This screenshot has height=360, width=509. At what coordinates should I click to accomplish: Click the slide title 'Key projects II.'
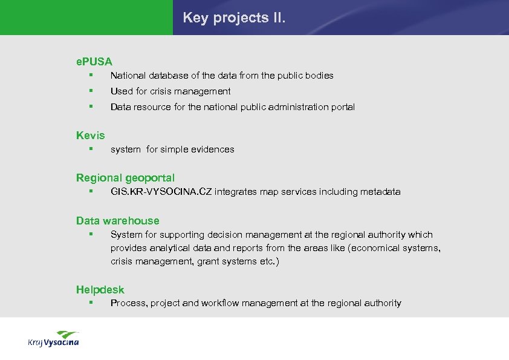coord(234,18)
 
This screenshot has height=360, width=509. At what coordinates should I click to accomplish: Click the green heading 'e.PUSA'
coord(94,61)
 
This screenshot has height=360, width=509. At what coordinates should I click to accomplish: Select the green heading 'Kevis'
coord(91,136)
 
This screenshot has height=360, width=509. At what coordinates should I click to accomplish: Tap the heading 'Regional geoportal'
coord(125,178)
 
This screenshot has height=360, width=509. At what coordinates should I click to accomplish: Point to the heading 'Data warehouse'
coord(118,221)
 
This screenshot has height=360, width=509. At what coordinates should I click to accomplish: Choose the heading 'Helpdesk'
coord(100,290)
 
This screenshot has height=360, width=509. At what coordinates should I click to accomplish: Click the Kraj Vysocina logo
coord(53,339)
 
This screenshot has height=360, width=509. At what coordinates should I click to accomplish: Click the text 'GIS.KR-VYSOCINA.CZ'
coord(161,192)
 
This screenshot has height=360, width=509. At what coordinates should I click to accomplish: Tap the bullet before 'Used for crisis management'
coord(89,91)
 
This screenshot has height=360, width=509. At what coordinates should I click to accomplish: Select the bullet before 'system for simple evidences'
coord(89,149)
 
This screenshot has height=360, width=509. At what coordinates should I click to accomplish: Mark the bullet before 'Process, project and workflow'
coord(89,303)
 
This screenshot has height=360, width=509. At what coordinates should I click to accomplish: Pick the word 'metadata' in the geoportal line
coord(380,192)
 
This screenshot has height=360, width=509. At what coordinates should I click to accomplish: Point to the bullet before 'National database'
coord(89,75)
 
